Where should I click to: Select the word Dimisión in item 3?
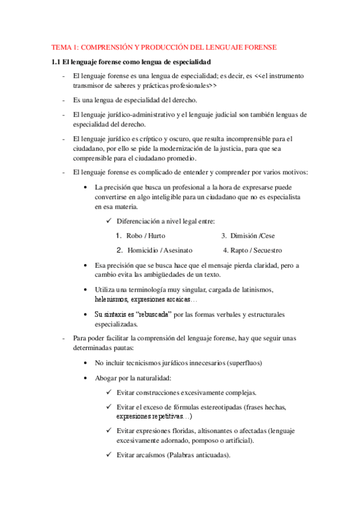244,236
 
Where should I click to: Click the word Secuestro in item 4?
266,250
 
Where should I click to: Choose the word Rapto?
239,250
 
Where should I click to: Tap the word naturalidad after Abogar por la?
154,378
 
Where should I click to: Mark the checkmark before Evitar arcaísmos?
109,455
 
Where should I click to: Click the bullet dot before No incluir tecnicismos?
88,363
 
